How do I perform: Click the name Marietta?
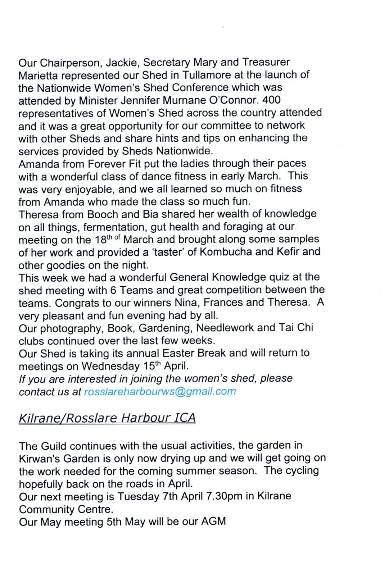38,76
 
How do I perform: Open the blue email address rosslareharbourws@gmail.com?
160,391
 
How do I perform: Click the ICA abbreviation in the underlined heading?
185,418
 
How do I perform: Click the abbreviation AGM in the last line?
213,522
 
